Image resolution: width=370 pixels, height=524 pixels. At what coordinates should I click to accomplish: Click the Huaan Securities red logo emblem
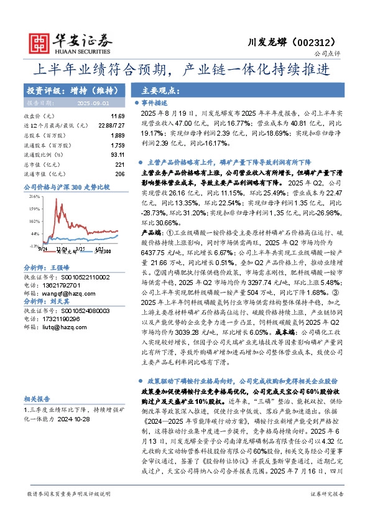tap(40, 42)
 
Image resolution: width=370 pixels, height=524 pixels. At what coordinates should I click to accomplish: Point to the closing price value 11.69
tap(118, 116)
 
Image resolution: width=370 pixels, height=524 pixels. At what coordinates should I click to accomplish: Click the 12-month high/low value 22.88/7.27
tap(113, 125)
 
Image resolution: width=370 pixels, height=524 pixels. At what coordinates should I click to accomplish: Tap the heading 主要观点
tap(157, 90)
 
